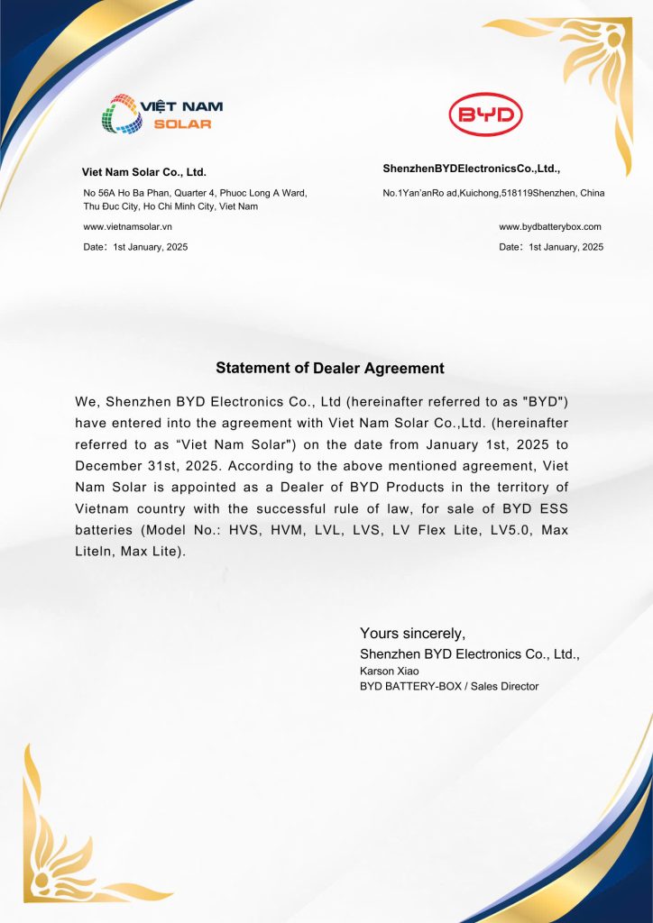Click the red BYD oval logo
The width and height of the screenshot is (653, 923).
486,115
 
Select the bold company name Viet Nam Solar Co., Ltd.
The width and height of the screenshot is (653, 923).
144,171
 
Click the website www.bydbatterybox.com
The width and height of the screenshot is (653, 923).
550,227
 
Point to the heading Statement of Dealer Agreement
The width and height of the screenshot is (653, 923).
330,369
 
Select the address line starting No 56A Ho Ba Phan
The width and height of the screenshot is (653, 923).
195,193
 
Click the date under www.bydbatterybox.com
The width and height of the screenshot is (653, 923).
551,247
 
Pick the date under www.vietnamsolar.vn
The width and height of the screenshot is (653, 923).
136,247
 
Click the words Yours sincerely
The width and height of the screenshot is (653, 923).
412,633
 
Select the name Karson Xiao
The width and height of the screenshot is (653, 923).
390,671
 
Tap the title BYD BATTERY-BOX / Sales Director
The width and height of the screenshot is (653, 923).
449,687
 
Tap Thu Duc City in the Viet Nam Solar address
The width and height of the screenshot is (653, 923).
111,207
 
